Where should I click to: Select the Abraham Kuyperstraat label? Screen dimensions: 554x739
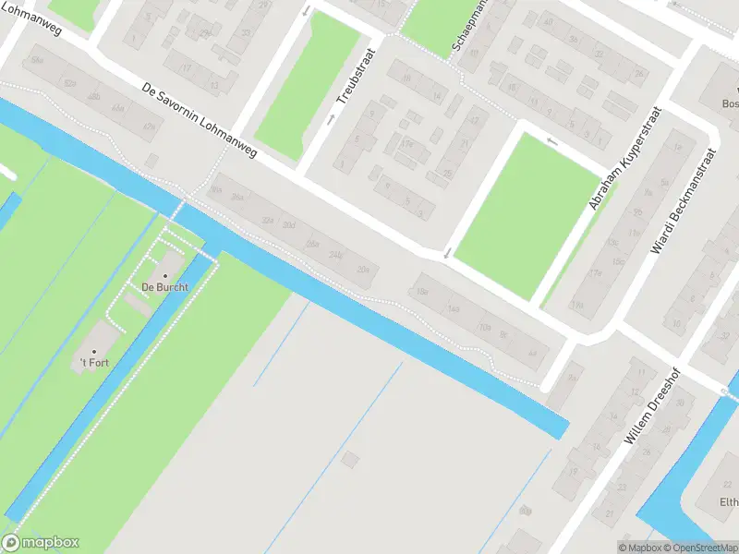click(629, 156)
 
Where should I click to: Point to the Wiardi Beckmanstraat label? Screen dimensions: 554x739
click(684, 201)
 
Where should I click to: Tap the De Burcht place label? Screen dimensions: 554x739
click(164, 287)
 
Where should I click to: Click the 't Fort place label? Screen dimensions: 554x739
click(94, 363)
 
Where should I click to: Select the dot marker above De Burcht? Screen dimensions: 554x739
click(165, 275)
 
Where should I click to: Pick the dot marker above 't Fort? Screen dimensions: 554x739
click(93, 352)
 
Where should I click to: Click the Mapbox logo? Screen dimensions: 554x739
click(41, 543)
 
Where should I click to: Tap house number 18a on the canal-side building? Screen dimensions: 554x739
click(423, 292)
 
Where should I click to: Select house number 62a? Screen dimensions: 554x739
click(69, 83)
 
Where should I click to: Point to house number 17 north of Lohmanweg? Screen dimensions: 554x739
click(186, 67)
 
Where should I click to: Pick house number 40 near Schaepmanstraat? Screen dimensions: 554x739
click(549, 22)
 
